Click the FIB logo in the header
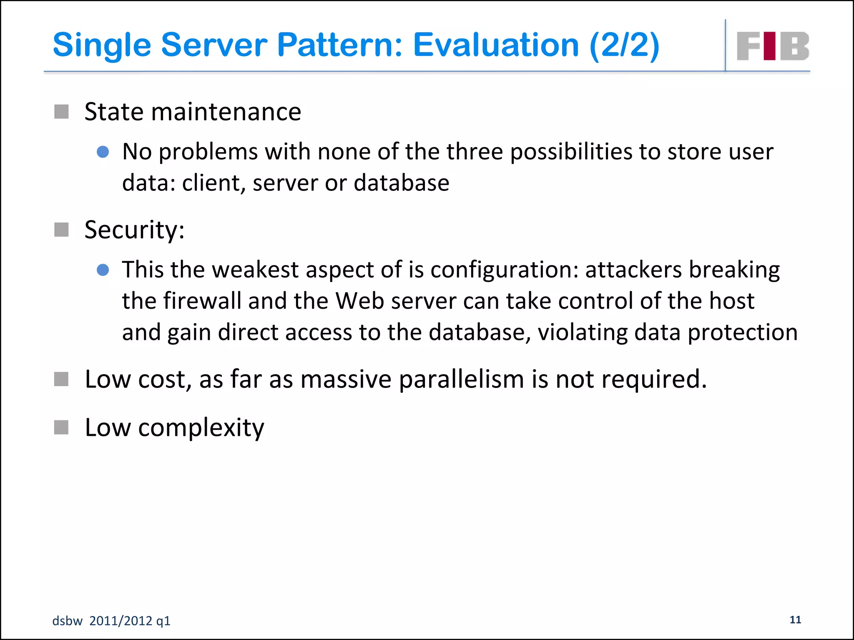pos(773,46)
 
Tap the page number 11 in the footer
pos(795,620)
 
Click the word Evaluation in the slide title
pos(496,45)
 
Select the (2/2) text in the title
pos(624,45)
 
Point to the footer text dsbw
pos(67,621)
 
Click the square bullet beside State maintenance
pos(61,112)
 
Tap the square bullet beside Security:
pos(61,229)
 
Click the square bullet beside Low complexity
pos(61,427)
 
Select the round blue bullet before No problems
pos(103,152)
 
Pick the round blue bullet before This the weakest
pos(103,270)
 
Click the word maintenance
pos(226,112)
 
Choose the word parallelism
pos(461,380)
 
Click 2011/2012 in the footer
pos(121,621)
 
